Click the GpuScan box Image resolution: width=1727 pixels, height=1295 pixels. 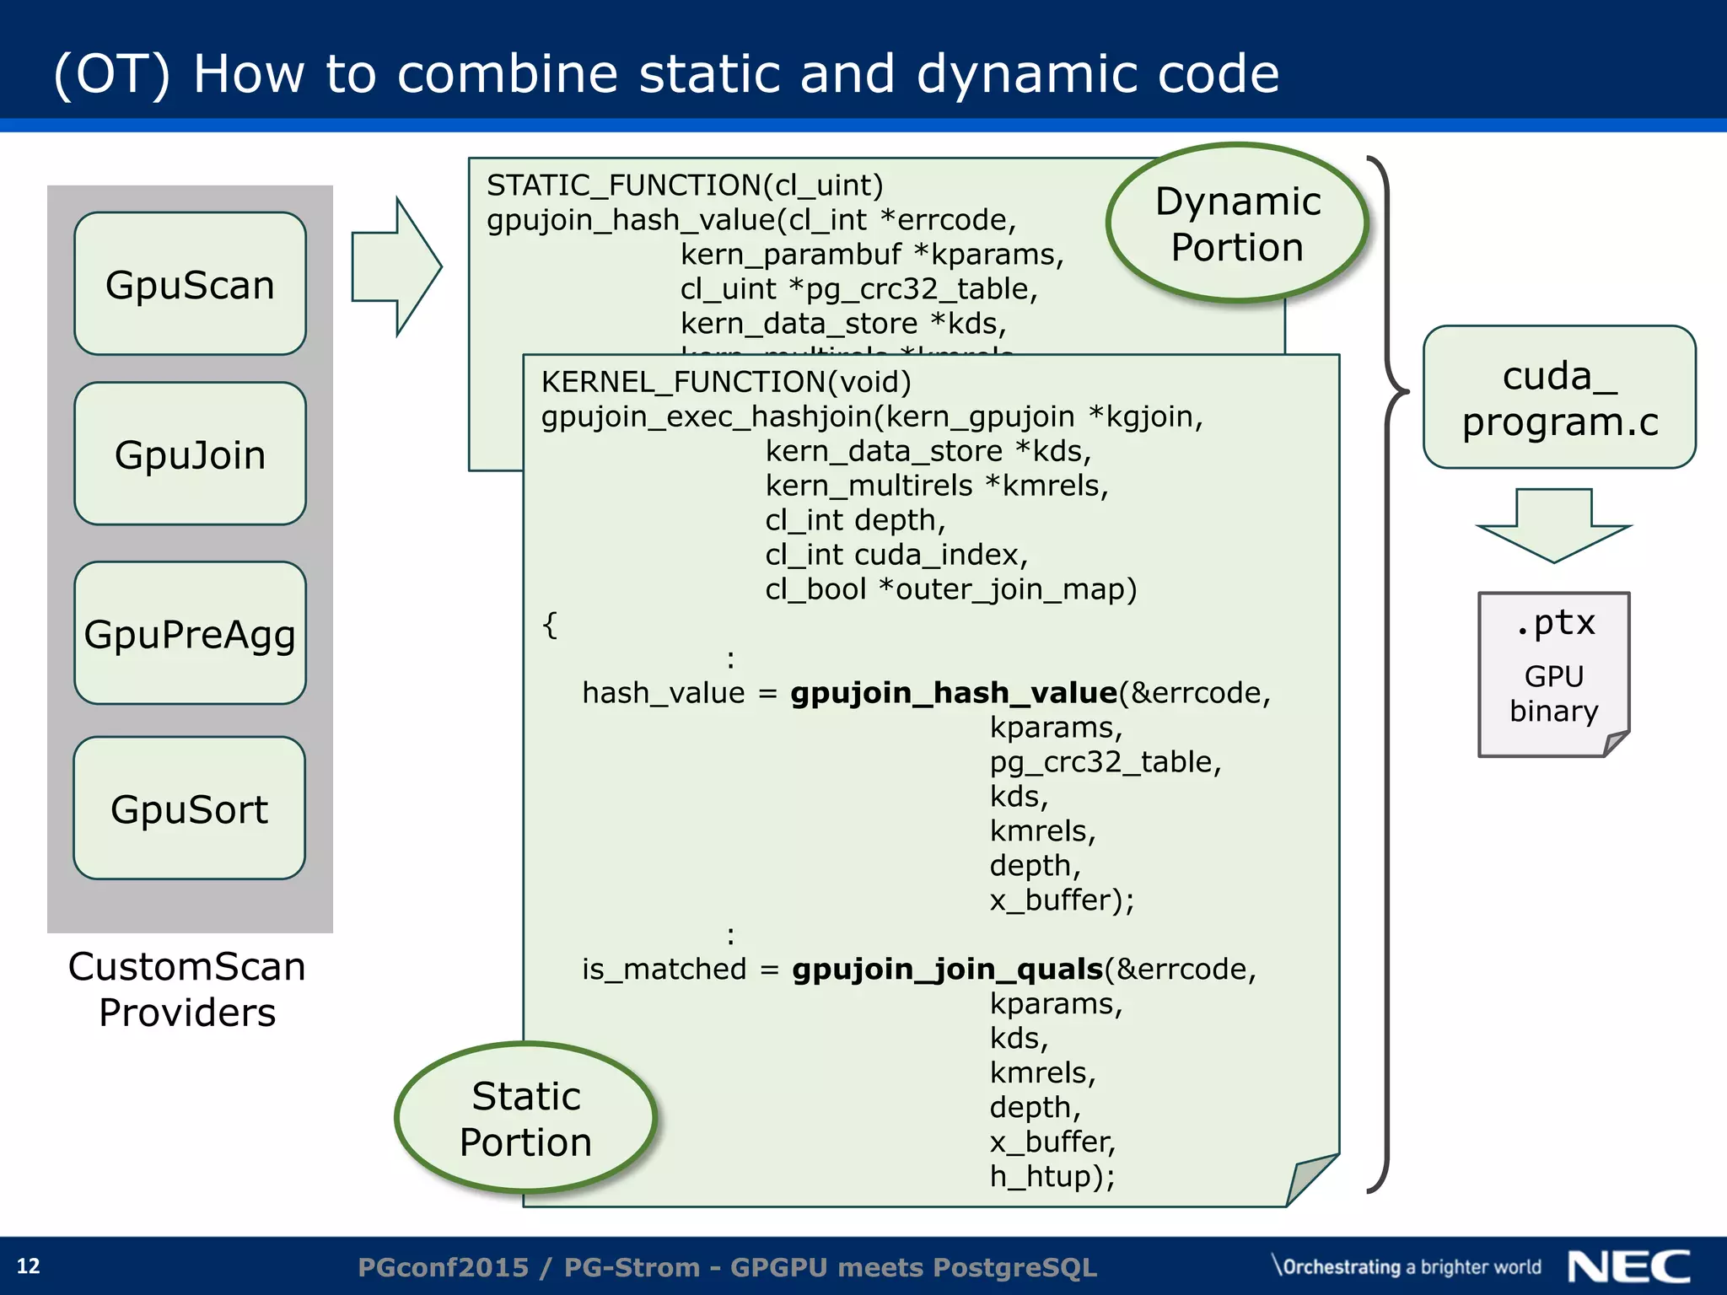(190, 284)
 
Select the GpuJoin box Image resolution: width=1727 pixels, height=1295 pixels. (190, 454)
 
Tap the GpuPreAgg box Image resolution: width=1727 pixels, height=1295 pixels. (190, 633)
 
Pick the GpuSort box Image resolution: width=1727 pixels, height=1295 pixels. (190, 809)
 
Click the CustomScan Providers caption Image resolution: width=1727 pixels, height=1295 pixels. (187, 989)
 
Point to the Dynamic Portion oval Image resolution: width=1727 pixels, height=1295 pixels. (1237, 223)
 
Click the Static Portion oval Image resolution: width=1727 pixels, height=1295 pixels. (525, 1118)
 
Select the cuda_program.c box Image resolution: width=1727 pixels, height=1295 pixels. (1559, 397)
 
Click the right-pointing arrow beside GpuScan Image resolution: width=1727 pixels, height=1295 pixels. (396, 266)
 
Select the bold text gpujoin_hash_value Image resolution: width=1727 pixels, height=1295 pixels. (954, 693)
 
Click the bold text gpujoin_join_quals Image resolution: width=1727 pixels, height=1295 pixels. (947, 970)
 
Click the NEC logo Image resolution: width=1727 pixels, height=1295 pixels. (1628, 1266)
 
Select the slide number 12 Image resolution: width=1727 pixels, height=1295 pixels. (29, 1266)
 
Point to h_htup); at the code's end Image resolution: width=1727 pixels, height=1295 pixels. (1052, 1176)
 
